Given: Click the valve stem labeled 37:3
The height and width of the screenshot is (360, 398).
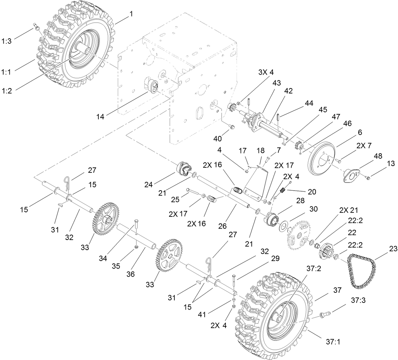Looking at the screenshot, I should point(324,315).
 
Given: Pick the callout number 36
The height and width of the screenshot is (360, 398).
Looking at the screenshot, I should point(130,274).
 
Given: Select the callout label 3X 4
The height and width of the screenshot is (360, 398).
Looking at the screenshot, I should point(266,72).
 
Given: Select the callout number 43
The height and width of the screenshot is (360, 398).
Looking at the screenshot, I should point(268,82).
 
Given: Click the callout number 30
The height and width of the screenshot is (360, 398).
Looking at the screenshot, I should point(313,209).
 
